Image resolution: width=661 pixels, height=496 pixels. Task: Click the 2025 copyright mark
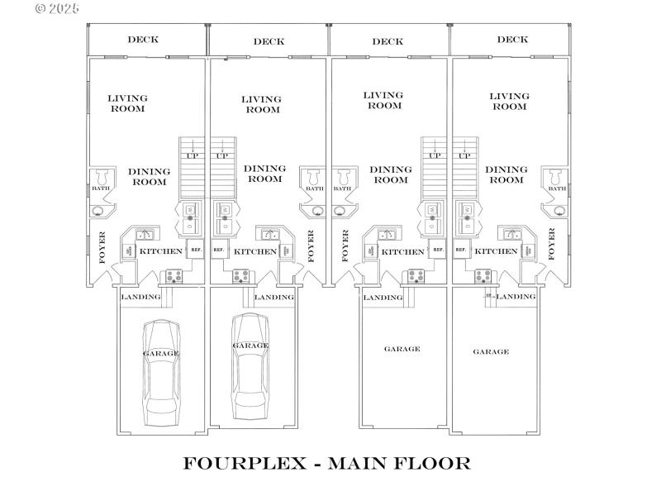coord(58,8)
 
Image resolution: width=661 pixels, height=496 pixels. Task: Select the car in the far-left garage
coord(161,372)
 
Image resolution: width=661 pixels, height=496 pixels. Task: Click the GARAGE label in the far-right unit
coord(491,351)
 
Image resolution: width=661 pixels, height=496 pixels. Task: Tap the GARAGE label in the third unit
coord(402,349)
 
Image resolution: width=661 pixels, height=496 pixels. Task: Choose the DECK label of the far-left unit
coord(143,39)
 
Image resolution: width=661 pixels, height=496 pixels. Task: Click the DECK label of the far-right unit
coord(513,39)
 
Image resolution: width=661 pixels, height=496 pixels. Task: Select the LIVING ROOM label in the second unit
coord(261,104)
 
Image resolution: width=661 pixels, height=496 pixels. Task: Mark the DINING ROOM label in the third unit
coord(390,174)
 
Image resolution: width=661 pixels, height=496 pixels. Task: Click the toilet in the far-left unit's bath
coord(103,178)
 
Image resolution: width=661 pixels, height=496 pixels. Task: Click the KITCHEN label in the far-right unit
coord(497,251)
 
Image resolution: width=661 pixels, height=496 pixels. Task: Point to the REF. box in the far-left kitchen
coord(196,250)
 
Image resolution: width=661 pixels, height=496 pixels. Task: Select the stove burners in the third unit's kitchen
coord(413,277)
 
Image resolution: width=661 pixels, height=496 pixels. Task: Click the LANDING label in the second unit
coord(273,297)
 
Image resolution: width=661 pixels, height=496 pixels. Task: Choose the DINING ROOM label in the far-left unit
coord(150,176)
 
